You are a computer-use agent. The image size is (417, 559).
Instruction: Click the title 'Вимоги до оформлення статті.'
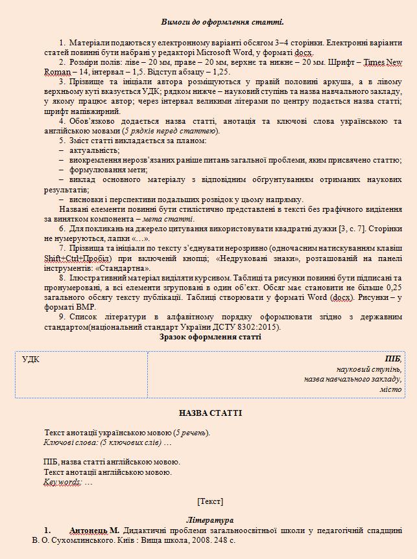(209, 23)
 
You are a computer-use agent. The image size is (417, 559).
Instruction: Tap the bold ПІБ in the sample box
(393, 359)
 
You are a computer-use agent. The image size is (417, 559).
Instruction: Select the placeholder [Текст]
(209, 501)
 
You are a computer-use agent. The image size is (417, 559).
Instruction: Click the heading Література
(209, 520)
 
